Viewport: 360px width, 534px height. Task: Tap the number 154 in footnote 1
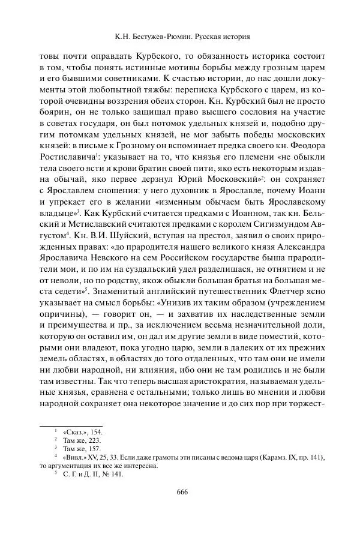[x=95, y=431]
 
